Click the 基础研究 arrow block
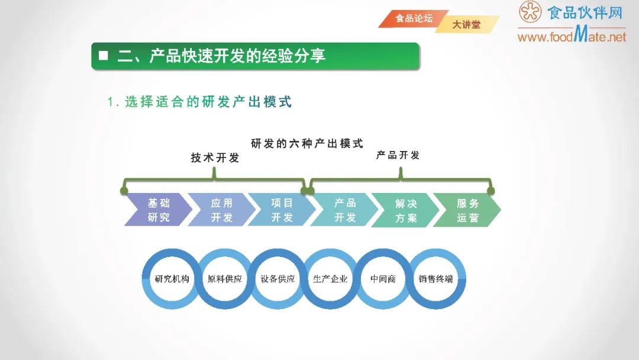click(158, 210)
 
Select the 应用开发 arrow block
click(221, 210)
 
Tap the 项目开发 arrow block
click(282, 210)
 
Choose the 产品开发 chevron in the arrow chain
click(345, 210)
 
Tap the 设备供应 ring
click(277, 279)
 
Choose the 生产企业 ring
click(330, 279)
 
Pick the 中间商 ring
click(383, 279)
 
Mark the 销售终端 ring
click(436, 279)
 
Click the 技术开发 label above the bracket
click(215, 158)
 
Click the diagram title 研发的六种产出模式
click(306, 143)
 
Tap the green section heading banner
click(255, 56)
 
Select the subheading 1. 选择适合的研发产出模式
click(200, 102)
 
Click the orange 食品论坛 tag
click(414, 18)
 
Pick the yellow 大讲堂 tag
click(467, 25)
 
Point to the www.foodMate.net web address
click(572, 37)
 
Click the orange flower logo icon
click(530, 12)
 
